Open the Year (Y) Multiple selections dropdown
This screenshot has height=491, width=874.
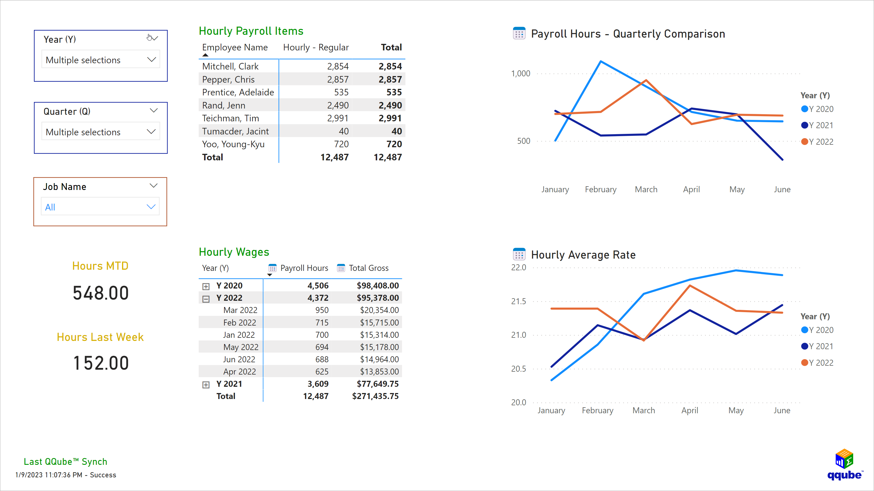coord(100,60)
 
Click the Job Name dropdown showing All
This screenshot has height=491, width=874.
coord(100,207)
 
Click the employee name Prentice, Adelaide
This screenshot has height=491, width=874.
coord(238,92)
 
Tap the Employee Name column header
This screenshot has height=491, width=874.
coord(235,48)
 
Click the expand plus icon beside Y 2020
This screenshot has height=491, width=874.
coord(206,286)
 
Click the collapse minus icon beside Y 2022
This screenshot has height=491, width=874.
coord(206,299)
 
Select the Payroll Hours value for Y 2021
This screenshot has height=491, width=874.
coord(318,384)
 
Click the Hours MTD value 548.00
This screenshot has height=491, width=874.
coord(101,293)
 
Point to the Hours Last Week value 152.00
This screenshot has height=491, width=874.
coord(101,363)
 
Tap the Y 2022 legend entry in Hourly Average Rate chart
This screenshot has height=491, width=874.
coord(817,363)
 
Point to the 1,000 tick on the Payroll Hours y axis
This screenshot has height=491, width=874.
coord(521,73)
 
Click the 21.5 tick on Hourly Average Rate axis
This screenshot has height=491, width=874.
coord(519,301)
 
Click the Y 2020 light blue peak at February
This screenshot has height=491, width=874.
coord(601,62)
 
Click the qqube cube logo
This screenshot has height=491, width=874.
coord(844,459)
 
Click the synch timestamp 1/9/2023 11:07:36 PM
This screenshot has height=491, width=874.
coord(49,475)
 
